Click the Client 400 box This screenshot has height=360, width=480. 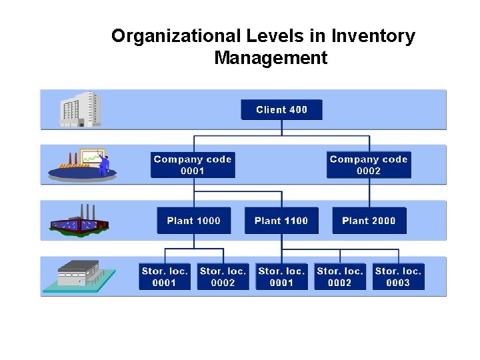pos(281,110)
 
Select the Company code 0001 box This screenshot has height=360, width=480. pos(193,165)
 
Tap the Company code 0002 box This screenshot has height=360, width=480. pos(369,165)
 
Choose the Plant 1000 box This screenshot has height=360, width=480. pos(193,221)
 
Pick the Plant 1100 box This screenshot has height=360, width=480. pos(281,221)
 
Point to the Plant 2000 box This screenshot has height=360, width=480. pos(369,221)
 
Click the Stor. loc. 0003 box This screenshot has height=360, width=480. pos(398,277)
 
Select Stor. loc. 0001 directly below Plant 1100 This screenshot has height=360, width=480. pos(281,277)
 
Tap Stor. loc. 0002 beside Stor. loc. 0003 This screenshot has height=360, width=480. pos(340,277)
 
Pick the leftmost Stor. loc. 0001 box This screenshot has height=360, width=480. pos(165,277)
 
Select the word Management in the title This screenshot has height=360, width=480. pos(271,58)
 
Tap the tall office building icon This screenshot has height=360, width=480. pos(81,109)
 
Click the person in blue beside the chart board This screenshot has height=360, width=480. pos(105,164)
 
